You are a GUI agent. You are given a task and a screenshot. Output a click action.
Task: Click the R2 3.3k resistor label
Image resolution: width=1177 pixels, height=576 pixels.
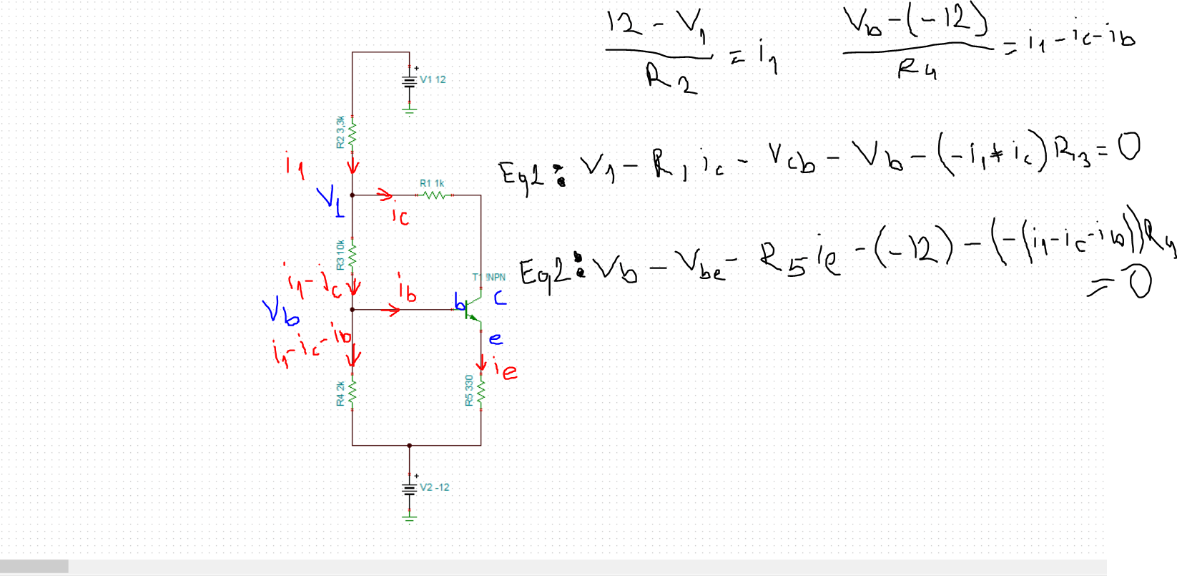[340, 132]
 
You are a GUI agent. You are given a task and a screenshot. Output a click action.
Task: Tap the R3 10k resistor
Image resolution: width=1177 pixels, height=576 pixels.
[353, 255]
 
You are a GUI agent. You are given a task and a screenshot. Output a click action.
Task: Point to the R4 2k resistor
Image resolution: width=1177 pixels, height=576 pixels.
[353, 393]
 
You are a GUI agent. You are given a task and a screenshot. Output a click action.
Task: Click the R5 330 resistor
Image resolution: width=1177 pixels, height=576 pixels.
[481, 392]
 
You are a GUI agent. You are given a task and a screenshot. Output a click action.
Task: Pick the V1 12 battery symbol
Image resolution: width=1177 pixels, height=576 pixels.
[409, 81]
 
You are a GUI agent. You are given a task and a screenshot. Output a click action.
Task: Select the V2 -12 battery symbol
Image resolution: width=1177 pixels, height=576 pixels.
[409, 489]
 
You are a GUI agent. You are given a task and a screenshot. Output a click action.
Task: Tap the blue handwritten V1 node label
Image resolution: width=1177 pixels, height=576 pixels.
[331, 200]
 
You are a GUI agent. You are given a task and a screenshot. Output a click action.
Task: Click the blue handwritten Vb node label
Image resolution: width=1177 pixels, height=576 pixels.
[280, 312]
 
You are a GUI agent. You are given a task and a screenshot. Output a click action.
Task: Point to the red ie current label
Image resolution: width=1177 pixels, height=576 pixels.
[506, 370]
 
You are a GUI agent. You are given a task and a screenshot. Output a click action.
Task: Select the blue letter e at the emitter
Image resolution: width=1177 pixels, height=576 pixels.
[496, 338]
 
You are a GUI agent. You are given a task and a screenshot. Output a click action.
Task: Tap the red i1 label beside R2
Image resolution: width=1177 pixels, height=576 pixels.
[295, 167]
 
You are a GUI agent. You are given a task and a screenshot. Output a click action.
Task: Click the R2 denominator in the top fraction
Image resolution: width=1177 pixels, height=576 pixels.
[671, 77]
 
